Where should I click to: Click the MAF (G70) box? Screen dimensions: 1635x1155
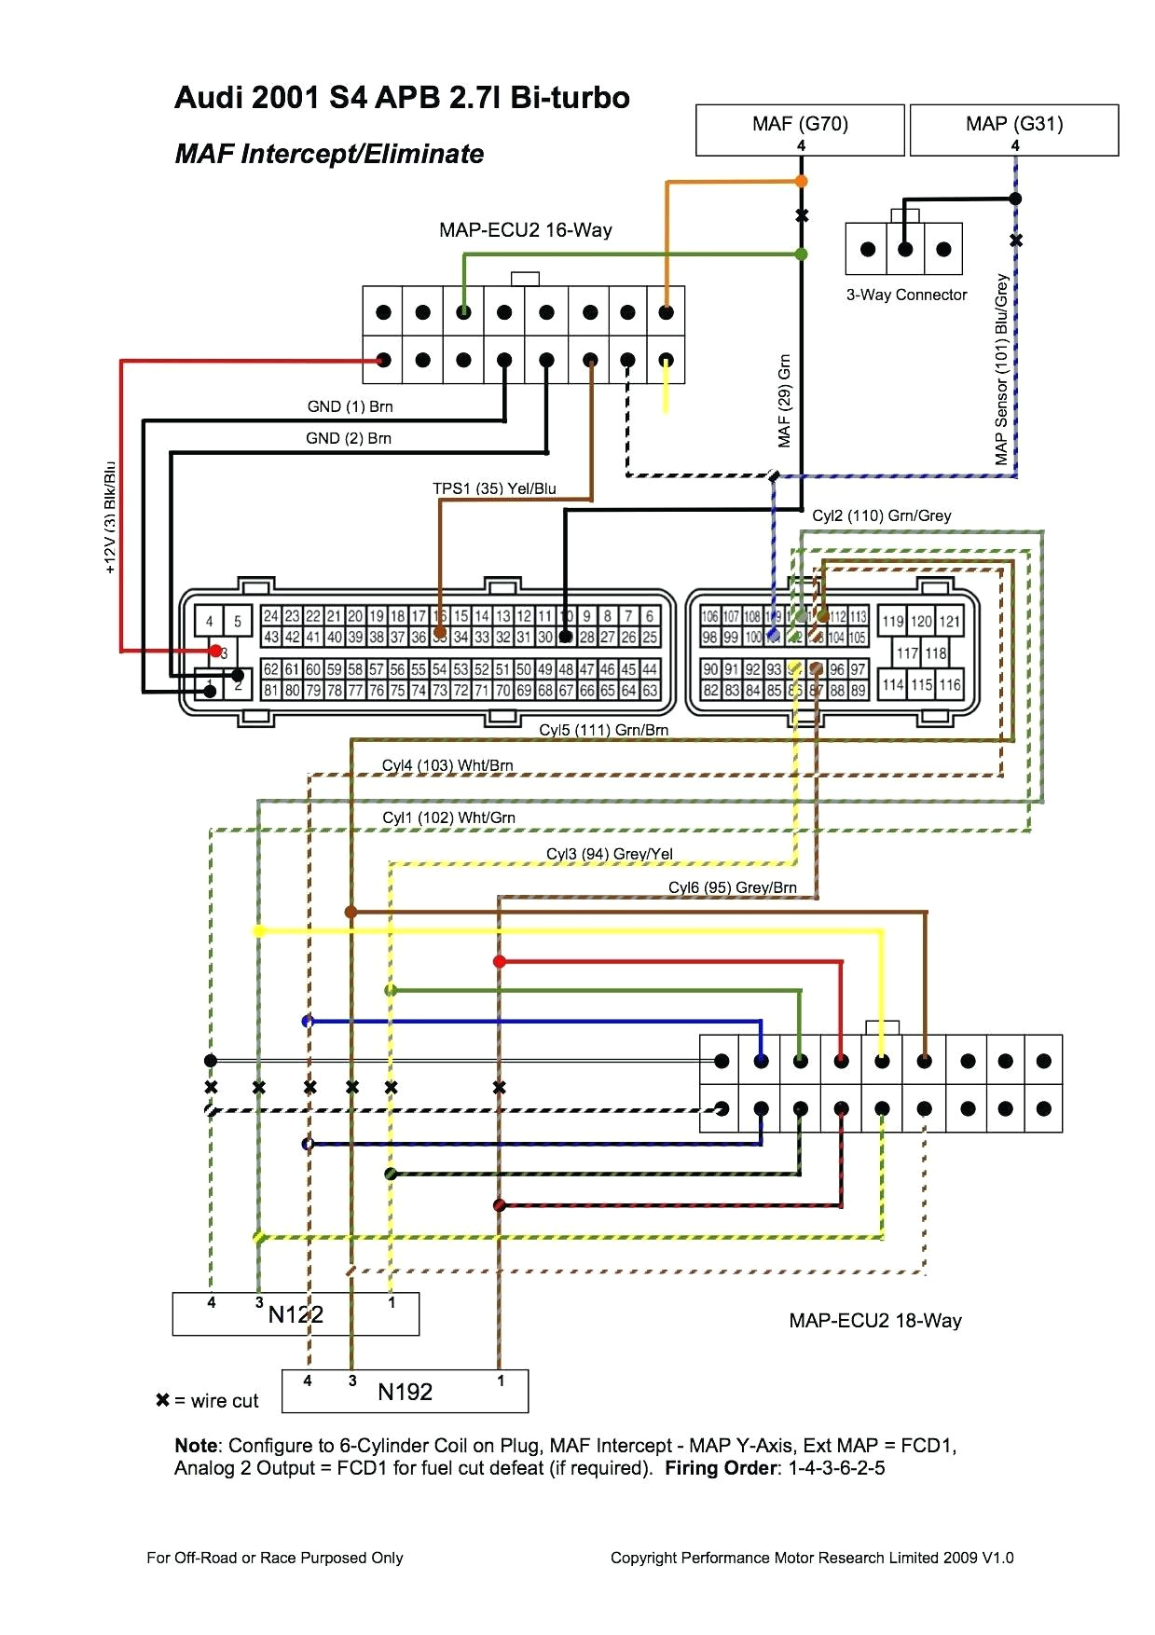pos(800,129)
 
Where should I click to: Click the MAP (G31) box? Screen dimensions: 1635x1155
pos(1013,129)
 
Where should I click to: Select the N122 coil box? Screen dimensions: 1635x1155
pos(296,1313)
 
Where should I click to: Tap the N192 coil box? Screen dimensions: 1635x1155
pos(405,1391)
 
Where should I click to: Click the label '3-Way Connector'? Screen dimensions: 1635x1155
pos(906,295)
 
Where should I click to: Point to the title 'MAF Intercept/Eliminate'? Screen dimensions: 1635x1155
pos(329,154)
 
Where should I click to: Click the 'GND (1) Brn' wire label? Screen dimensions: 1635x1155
pos(350,406)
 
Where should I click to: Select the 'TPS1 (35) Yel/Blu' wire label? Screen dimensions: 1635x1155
pos(494,488)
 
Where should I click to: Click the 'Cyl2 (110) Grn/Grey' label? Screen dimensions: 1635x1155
pos(881,515)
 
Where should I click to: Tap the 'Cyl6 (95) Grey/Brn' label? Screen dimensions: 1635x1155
pos(732,887)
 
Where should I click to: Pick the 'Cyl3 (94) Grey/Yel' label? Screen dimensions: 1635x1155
pos(609,854)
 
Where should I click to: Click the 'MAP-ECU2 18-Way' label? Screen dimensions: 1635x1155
pos(874,1320)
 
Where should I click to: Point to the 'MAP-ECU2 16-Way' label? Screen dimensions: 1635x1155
pos(525,230)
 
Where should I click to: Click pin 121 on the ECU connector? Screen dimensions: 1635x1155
pos(949,622)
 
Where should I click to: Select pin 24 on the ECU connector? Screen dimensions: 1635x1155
pos(270,616)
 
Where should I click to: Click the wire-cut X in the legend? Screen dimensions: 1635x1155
pos(162,1400)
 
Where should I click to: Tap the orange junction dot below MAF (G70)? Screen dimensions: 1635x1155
pos(801,182)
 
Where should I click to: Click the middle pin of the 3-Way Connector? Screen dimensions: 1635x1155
pos(904,249)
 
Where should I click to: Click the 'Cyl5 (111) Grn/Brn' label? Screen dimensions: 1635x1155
pos(603,730)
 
